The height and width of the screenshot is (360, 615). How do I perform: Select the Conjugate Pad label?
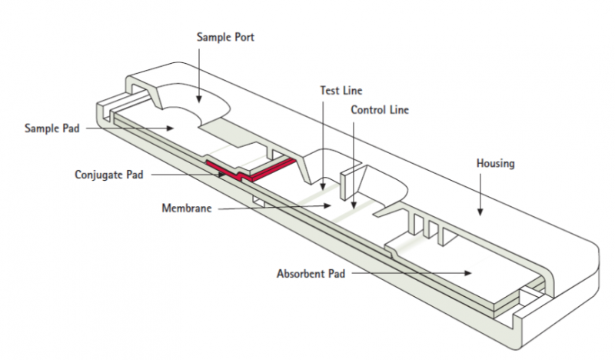[109, 175]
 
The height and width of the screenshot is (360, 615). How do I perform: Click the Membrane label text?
[186, 208]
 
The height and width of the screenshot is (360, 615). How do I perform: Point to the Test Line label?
[341, 91]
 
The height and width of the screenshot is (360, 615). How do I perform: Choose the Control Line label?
[380, 110]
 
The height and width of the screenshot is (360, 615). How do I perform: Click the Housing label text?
[495, 164]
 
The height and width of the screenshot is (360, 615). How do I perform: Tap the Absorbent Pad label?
[312, 273]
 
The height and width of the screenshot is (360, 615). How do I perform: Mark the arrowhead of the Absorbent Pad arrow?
[470, 272]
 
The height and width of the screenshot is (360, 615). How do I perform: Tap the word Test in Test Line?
[329, 91]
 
